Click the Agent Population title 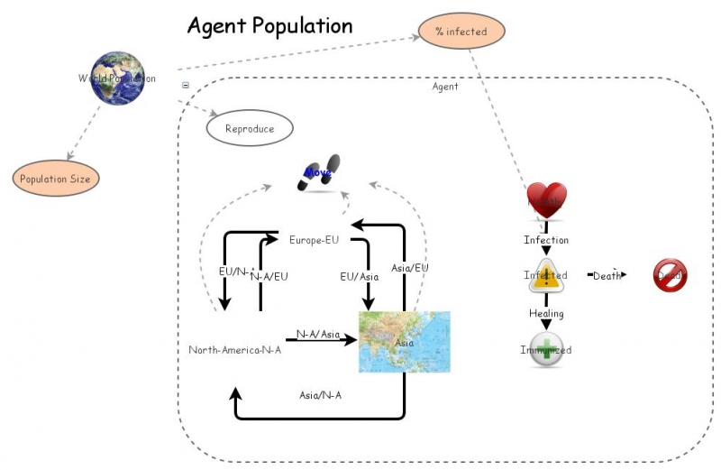click(269, 25)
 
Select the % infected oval click(461, 32)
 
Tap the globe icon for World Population click(117, 78)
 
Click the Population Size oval click(55, 179)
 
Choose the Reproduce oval click(250, 129)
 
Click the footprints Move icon click(318, 174)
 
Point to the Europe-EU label click(314, 240)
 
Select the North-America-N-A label click(234, 350)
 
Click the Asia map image click(404, 342)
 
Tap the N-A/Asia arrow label click(318, 335)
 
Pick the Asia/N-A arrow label click(320, 395)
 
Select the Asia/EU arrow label click(409, 268)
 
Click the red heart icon click(546, 199)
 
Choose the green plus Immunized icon click(546, 350)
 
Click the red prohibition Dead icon click(670, 275)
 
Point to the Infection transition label click(546, 240)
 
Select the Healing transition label click(546, 314)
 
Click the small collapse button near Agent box click(186, 86)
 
